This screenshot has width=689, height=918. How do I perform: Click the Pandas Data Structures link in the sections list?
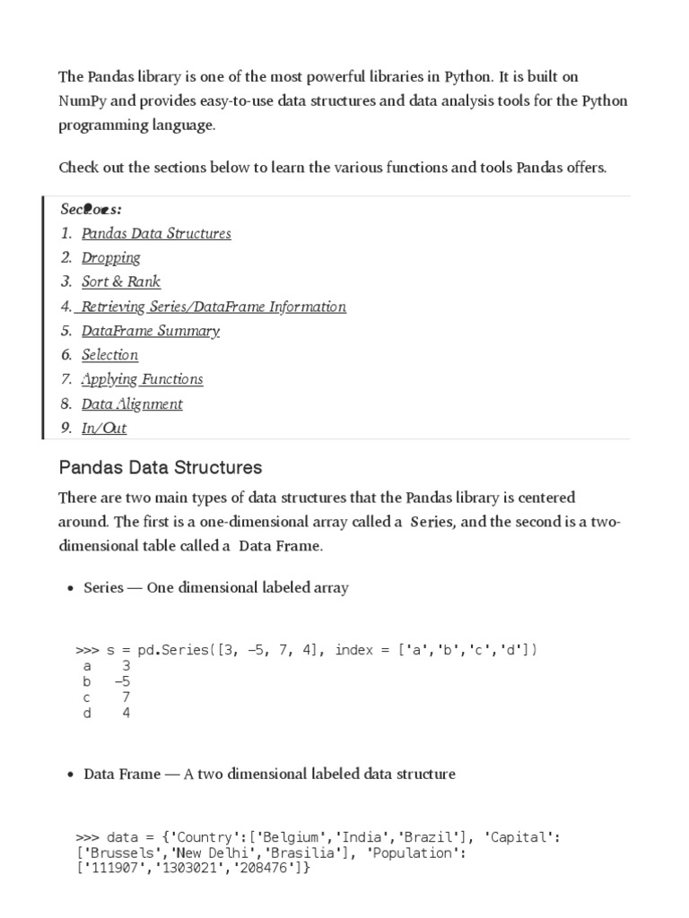pos(156,233)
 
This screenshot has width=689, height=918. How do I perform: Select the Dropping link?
pos(111,257)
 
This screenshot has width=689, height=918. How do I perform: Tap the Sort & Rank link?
pos(121,281)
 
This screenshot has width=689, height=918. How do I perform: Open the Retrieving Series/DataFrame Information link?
pos(213,307)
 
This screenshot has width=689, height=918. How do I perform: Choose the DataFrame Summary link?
pos(151,331)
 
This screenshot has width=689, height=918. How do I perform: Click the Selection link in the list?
pos(109,355)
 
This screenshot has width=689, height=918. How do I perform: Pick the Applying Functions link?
pos(142,379)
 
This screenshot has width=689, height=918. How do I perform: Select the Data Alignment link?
pos(132,404)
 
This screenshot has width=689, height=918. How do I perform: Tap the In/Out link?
pos(104,429)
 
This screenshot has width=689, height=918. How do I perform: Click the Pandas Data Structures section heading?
pos(161,467)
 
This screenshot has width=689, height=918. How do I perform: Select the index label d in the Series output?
pos(87,714)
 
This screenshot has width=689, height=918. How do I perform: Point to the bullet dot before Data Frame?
pos(70,775)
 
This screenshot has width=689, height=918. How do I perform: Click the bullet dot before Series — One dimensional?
pos(70,589)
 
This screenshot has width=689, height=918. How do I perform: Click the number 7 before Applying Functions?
pos(65,379)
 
